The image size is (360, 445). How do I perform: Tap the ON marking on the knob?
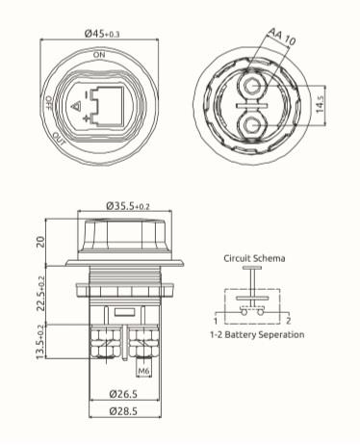point(99,56)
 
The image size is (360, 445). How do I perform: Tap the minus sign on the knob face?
point(88,95)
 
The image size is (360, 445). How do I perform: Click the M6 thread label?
point(144,369)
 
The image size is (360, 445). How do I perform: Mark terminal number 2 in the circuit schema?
point(290,319)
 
